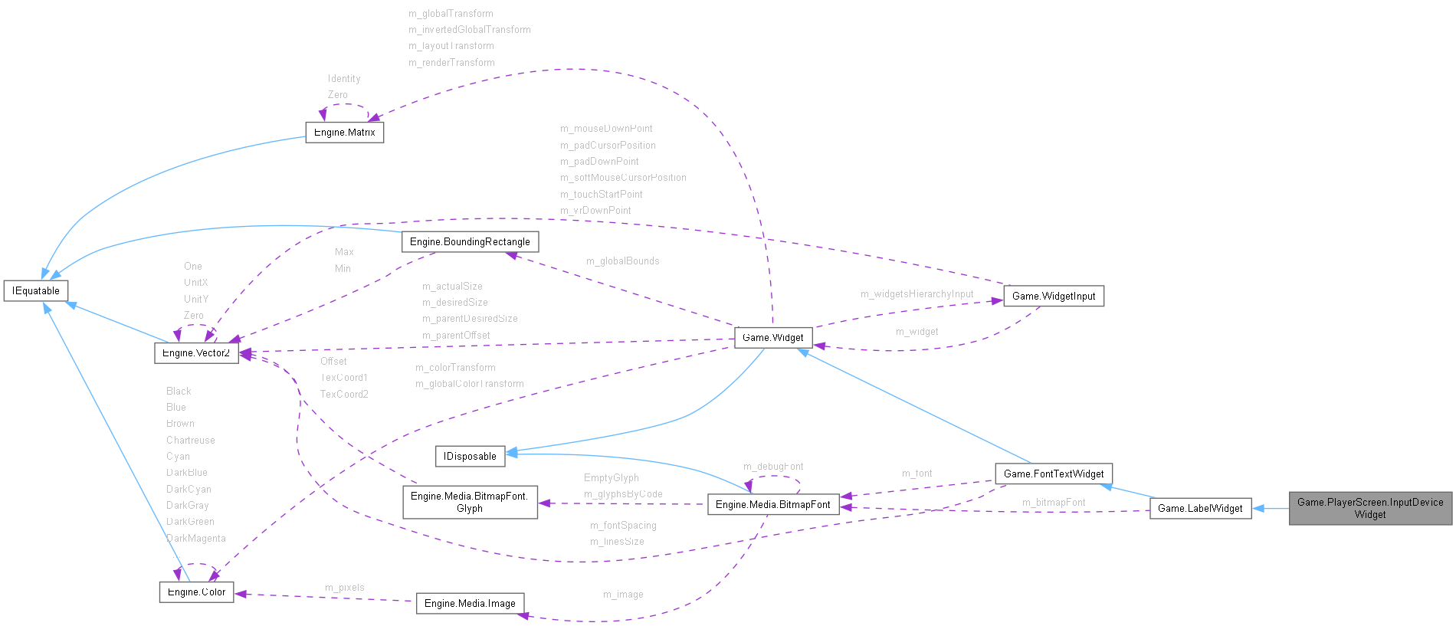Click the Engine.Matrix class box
tap(344, 132)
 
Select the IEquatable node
tap(36, 290)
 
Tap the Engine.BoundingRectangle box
tap(470, 241)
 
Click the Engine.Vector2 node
tap(196, 352)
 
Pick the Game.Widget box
tap(773, 337)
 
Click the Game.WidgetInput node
tap(1054, 296)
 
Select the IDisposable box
tap(471, 456)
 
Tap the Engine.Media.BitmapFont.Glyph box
tap(470, 502)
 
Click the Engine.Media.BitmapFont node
tap(772, 504)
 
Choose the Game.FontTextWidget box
tap(1054, 474)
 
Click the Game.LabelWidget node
tap(1200, 508)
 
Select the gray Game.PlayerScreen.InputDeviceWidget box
tap(1370, 508)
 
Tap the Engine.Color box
tap(196, 592)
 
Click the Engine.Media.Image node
tap(470, 603)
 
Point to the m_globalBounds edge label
tap(622, 261)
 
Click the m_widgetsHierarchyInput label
tap(917, 294)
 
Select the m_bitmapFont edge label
tap(1054, 503)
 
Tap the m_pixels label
tap(345, 588)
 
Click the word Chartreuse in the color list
tap(191, 441)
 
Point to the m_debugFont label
tap(773, 467)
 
